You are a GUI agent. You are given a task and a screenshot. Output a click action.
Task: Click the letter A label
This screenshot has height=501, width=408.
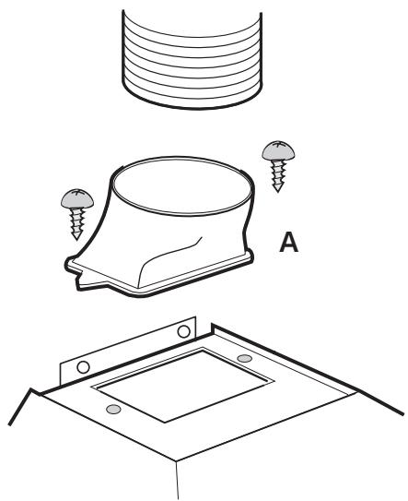pos(288,243)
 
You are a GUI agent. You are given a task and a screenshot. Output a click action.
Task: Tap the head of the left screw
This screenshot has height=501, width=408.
pos(77,198)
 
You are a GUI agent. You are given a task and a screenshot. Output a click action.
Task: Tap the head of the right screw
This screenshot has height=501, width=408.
pos(278,150)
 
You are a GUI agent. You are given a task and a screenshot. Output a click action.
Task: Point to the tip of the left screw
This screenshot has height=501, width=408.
pos(76,239)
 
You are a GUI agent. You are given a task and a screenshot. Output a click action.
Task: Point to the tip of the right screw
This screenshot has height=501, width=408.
pos(278,191)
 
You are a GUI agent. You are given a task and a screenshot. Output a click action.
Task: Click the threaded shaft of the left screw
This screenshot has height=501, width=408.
pos(77,222)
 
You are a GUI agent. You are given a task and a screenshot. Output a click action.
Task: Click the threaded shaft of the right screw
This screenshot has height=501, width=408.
pos(278,174)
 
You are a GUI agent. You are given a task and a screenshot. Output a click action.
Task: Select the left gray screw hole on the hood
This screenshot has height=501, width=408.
pos(113,409)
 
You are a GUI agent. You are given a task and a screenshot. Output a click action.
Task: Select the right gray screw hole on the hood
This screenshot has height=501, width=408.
pos(245,359)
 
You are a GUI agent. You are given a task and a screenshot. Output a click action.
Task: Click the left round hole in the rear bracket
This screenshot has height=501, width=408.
pos(83,367)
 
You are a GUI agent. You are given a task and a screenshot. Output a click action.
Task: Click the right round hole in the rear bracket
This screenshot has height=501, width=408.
pos(184,331)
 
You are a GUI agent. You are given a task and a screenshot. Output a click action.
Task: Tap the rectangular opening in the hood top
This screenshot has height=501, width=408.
pos(182,385)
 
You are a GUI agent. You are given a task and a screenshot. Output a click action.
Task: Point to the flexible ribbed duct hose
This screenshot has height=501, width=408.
pos(192,59)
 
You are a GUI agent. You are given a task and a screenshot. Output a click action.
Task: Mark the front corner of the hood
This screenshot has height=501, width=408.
pos(177,460)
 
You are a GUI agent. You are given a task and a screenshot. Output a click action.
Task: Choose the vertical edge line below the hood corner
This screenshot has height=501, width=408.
pos(178,480)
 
